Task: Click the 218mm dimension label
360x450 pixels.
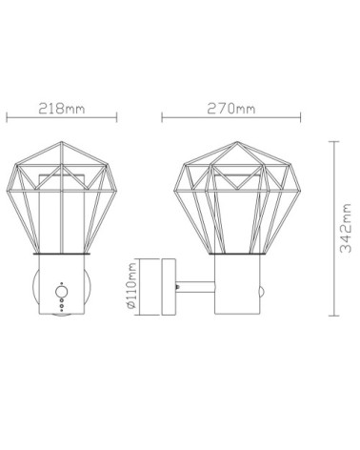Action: tap(62, 109)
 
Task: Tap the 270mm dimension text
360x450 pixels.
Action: tap(231, 109)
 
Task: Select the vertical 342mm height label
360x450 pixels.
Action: tap(346, 228)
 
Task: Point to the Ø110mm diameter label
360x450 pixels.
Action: tap(130, 286)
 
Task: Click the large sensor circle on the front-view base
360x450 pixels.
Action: tap(61, 292)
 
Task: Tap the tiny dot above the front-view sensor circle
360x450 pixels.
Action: tap(61, 283)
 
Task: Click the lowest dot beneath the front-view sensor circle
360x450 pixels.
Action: tap(61, 309)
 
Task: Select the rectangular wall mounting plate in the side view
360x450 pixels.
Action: tap(169, 287)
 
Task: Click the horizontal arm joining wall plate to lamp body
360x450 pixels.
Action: tap(195, 287)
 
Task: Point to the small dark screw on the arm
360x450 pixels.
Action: tap(177, 287)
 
